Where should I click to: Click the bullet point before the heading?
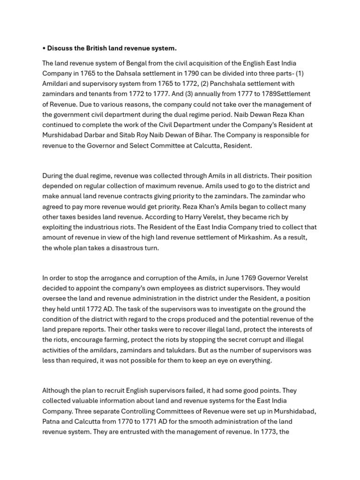[x=44, y=48]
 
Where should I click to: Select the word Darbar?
[x=103, y=135]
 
